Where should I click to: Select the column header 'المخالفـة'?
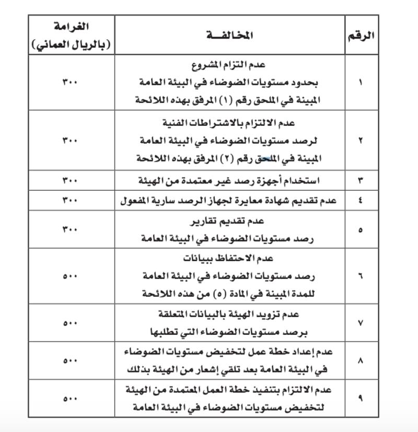(230, 36)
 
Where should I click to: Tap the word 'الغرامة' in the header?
(71, 26)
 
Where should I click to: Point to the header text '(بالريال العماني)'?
(71, 45)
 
